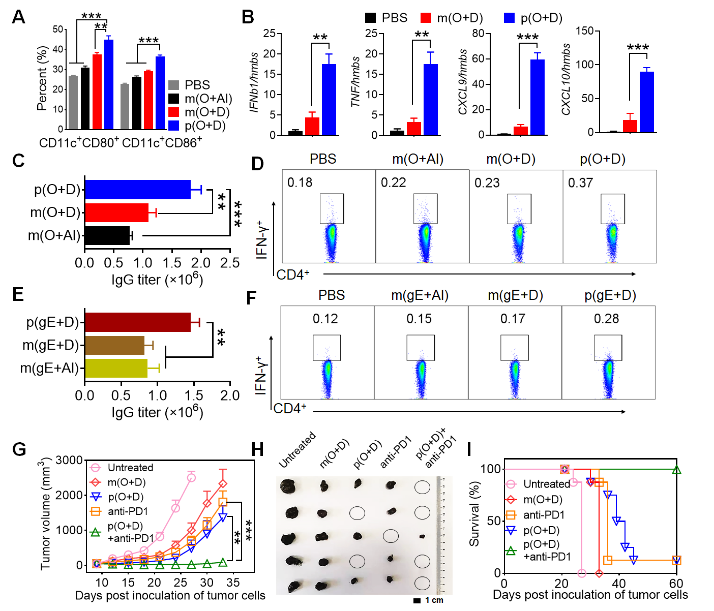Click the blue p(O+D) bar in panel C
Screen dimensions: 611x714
coord(137,190)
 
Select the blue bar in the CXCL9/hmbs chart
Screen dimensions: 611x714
coord(537,97)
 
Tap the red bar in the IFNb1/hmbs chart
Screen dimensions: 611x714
coord(312,126)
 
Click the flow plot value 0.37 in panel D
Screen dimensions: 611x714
coord(580,183)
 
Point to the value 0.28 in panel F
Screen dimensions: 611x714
coord(606,319)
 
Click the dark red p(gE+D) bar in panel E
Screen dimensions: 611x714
coord(137,322)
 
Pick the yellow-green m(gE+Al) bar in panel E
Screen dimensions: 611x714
coord(116,368)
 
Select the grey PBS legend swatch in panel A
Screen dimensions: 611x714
coord(174,85)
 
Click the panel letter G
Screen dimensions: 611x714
coord(19,449)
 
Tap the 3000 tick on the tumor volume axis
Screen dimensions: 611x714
coord(69,461)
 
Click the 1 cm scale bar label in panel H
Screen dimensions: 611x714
coord(434,600)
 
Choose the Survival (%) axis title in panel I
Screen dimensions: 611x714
coord(474,514)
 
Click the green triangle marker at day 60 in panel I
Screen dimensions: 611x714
coord(676,470)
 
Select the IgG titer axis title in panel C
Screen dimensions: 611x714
coord(157,280)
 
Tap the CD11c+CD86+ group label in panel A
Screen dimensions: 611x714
coord(162,143)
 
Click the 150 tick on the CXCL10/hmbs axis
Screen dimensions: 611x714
coord(585,32)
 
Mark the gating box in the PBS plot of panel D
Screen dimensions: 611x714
coord(332,208)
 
